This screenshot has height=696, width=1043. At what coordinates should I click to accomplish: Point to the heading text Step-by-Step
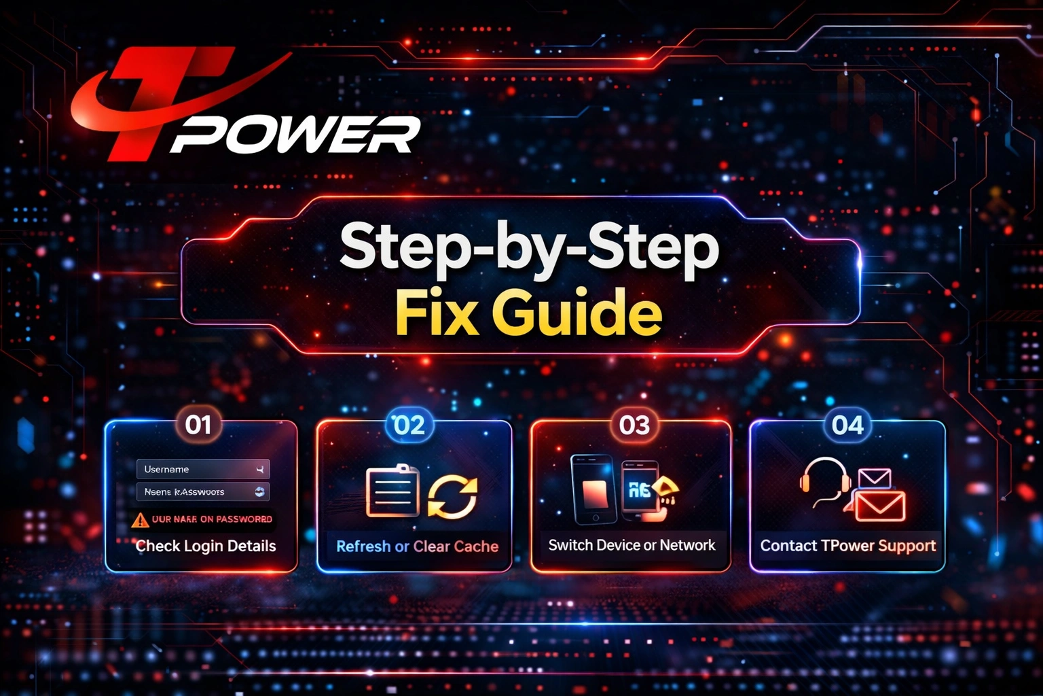529,249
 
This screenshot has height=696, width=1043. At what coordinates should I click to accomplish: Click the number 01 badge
198,425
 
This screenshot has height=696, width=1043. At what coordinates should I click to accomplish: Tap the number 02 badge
409,425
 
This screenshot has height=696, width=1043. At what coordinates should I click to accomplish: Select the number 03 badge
634,425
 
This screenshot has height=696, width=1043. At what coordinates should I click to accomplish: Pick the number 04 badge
847,425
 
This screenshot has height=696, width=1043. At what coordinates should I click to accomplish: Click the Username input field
202,469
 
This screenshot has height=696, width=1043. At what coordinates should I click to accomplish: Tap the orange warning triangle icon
140,520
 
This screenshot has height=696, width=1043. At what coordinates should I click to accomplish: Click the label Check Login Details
206,546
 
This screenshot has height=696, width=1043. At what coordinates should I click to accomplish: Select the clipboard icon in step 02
392,491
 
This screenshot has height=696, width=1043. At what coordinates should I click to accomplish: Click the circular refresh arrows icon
452,496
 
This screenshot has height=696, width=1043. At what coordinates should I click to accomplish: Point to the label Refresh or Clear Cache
417,546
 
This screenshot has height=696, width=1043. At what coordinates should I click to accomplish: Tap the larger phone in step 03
593,489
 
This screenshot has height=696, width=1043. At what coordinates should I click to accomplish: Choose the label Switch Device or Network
632,545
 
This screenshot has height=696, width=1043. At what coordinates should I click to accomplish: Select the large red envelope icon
879,506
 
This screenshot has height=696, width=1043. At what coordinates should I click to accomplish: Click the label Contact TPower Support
847,546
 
